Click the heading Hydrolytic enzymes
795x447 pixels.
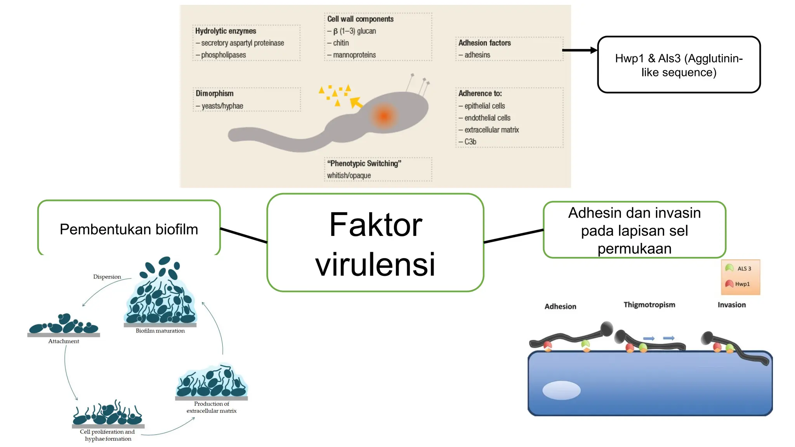click(226, 31)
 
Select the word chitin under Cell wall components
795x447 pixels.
click(340, 43)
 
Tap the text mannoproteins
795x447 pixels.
click(354, 55)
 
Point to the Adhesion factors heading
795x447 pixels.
click(484, 43)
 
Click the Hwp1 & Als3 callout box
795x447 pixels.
click(679, 65)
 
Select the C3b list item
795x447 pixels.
click(470, 142)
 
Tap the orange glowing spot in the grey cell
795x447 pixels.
click(384, 116)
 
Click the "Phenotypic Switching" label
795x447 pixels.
click(364, 163)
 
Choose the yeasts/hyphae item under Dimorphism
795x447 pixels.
click(222, 106)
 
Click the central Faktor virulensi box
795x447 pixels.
click(375, 243)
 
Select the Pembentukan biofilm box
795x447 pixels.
click(129, 229)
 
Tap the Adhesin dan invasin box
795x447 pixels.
click(634, 230)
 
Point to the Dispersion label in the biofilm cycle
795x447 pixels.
click(107, 277)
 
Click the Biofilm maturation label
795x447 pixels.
click(160, 331)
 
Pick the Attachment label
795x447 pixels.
click(64, 341)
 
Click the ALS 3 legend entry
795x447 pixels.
click(739, 269)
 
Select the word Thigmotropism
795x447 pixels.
click(649, 305)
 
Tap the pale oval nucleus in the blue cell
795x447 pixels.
click(561, 390)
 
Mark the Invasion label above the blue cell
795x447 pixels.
click(731, 305)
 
